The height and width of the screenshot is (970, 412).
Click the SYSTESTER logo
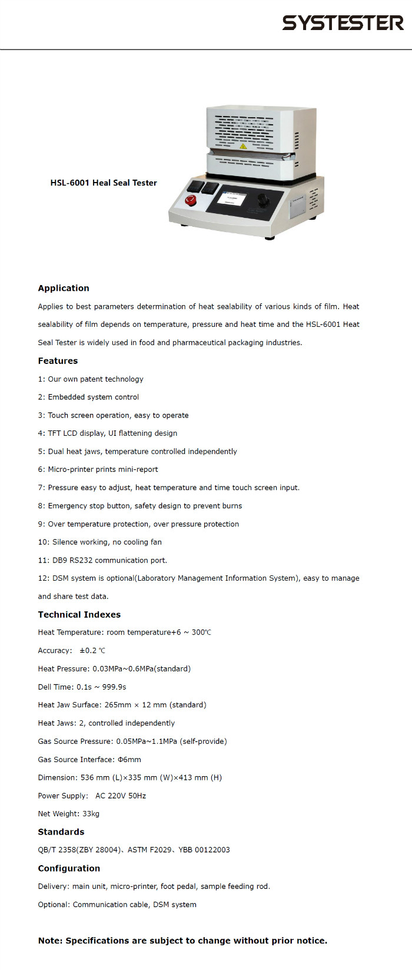pos(343,23)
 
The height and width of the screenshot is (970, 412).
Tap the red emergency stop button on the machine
pos(190,200)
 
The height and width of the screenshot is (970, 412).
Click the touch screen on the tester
pos(231,198)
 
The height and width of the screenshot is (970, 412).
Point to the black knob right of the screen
pos(263,200)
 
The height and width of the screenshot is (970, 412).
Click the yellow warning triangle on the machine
pos(242,146)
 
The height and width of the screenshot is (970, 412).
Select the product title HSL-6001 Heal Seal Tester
pos(104,183)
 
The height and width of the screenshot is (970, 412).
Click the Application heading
pos(64,288)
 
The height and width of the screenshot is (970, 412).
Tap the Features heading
pos(58,360)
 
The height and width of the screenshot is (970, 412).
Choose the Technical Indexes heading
pos(79,614)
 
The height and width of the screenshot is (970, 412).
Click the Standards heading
pos(61,832)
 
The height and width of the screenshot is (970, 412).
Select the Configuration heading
pos(69,868)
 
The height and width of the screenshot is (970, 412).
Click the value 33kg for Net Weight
pos(91,813)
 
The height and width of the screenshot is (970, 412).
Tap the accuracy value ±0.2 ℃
pos(92,651)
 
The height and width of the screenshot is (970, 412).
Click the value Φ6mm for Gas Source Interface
pos(129,760)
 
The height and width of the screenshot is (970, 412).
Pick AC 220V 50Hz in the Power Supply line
pos(121,796)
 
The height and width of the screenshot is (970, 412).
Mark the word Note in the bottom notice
pos(49,941)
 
